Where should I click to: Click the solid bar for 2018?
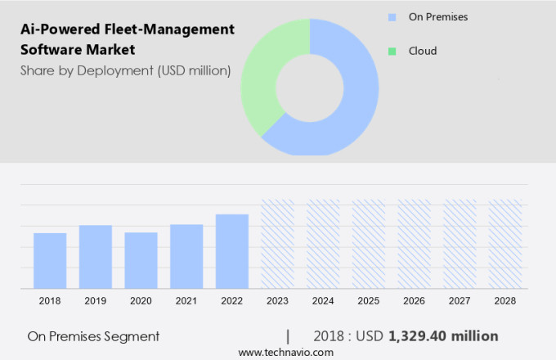pos(50,260)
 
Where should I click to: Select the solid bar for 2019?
pos(96,256)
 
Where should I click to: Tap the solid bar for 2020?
pos(141,260)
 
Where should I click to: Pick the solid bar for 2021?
pos(186,256)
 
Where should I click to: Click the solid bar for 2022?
pos(232,251)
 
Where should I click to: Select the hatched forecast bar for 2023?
pos(277,244)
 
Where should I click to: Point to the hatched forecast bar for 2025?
pos(369,244)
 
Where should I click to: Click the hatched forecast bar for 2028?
pos(504,244)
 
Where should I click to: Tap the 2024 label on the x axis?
pos(323,301)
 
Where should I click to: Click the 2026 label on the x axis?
pos(414,301)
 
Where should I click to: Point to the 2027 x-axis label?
pos(460,301)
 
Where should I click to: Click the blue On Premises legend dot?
pos(392,16)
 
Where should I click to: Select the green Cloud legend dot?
pos(392,51)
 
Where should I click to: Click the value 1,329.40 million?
pos(443,336)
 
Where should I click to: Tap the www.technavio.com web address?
pos(285,352)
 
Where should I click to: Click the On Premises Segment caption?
pos(93,336)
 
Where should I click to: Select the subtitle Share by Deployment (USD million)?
pos(125,71)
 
